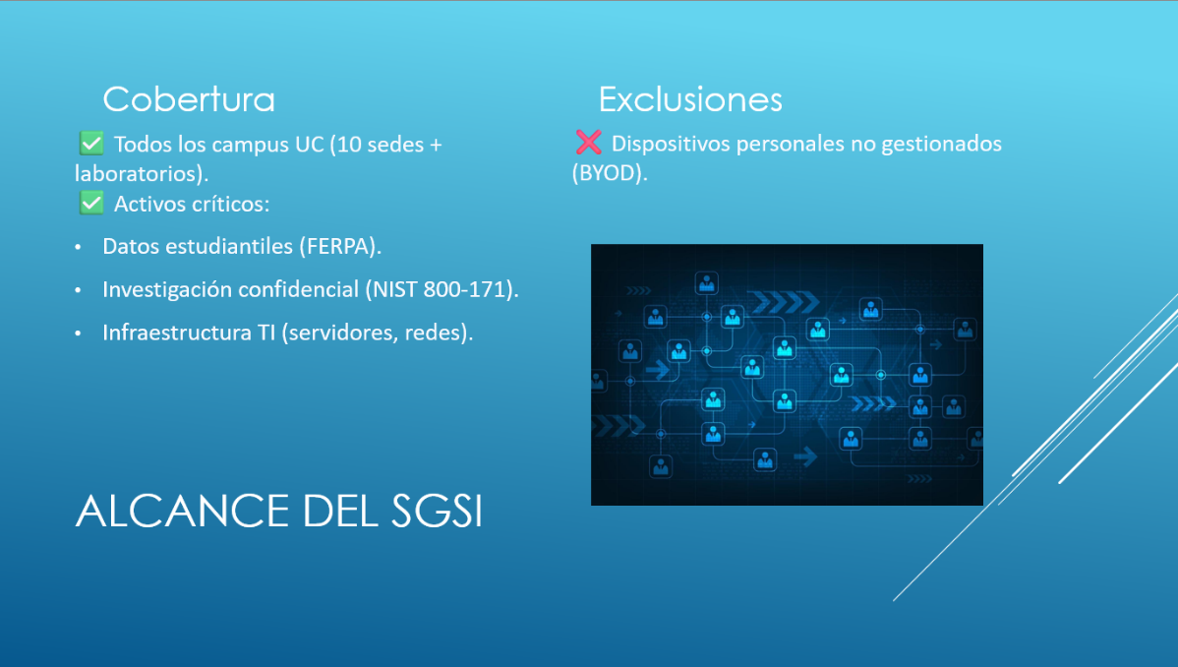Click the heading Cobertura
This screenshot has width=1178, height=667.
click(x=189, y=99)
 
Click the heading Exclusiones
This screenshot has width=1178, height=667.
click(x=690, y=99)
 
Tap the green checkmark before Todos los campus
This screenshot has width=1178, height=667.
click(x=91, y=143)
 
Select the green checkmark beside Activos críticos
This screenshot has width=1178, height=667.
click(x=91, y=203)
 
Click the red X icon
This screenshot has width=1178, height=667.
click(x=588, y=142)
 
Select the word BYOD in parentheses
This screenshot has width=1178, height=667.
click(x=610, y=173)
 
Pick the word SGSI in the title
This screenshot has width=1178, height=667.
click(x=438, y=512)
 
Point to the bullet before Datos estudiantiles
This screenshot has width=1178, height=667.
click(x=78, y=247)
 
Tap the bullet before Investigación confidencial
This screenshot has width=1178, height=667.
click(x=78, y=290)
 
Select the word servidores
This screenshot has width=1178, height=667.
click(x=342, y=333)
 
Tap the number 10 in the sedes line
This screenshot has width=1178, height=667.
click(x=349, y=145)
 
